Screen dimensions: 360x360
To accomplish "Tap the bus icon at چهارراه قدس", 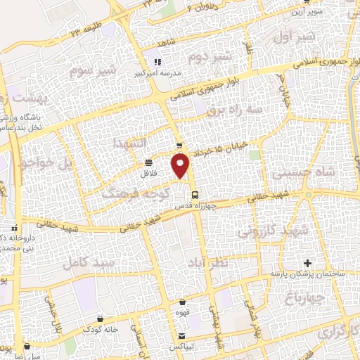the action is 195,195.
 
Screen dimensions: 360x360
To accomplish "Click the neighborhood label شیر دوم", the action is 210,56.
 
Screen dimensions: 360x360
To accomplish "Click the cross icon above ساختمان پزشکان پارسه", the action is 307,262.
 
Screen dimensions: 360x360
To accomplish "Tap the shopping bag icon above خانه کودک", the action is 102,318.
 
